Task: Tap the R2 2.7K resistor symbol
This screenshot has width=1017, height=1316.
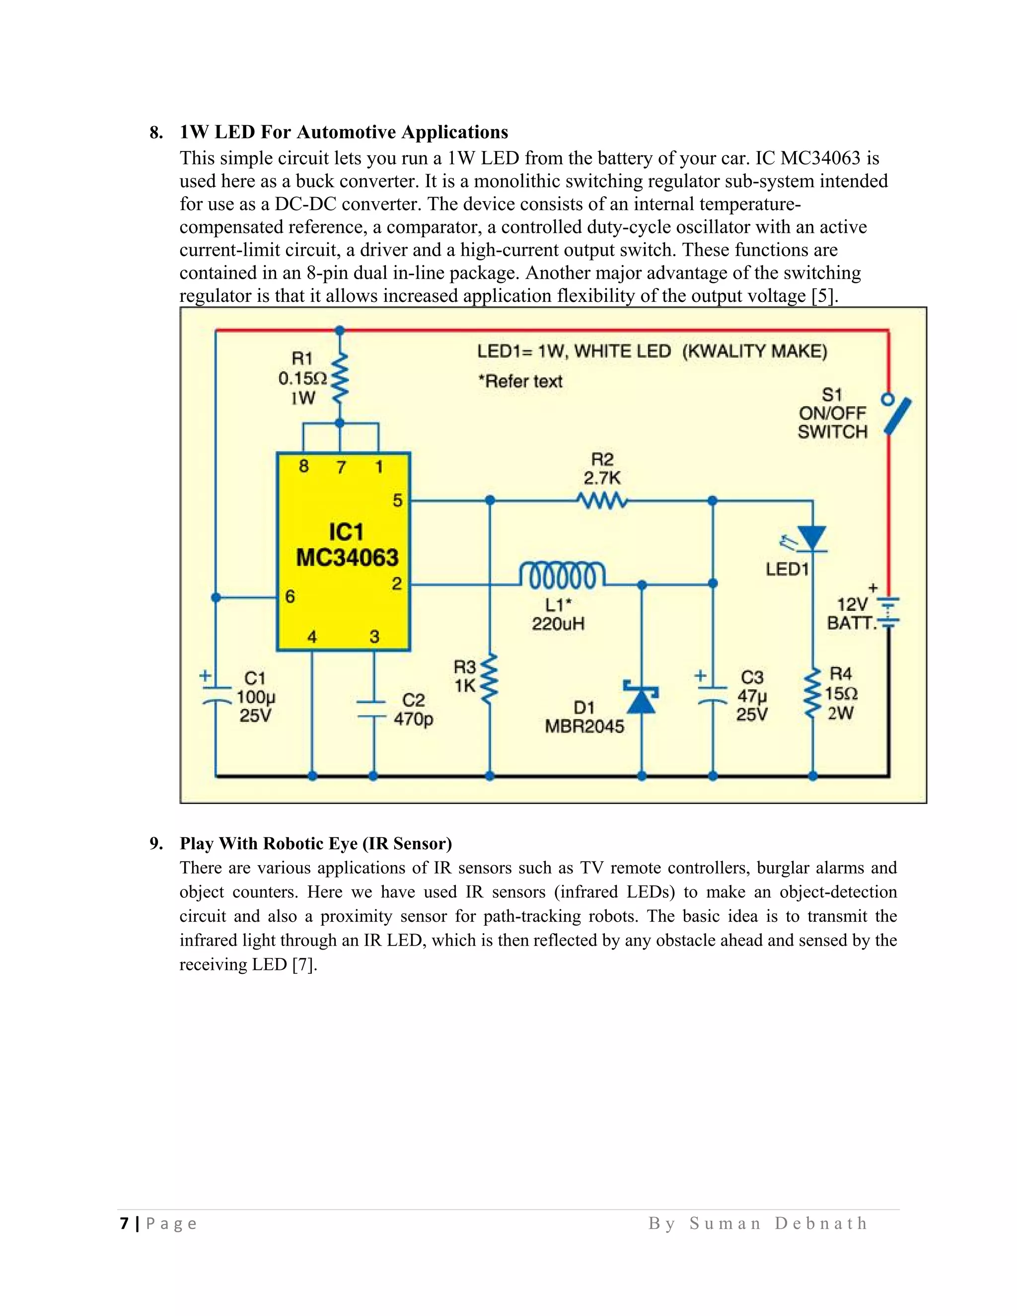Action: tap(602, 500)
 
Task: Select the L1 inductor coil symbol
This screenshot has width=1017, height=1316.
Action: tap(562, 576)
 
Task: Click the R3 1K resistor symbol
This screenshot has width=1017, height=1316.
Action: tap(489, 678)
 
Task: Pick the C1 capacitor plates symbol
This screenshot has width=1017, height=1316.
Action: tap(216, 694)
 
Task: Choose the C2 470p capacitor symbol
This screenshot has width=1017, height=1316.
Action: tap(373, 709)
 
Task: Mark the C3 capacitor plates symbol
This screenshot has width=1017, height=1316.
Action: tap(713, 694)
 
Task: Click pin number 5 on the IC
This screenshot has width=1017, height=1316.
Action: tap(398, 500)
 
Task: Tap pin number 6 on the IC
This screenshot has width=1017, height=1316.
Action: tap(291, 596)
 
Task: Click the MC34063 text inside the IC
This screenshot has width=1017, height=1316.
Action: tap(347, 557)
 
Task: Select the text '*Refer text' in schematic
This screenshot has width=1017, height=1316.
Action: tap(520, 381)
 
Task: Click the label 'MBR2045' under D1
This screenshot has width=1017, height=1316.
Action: tap(584, 726)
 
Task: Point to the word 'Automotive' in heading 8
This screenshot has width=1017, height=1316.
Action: tap(346, 132)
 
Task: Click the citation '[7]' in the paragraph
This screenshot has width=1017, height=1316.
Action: tap(304, 965)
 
